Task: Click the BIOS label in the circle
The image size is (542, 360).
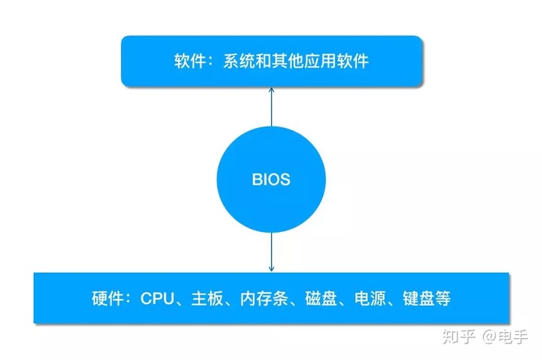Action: [271, 181]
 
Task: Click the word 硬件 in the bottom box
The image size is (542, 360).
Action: [107, 298]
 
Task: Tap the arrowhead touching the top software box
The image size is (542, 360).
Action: [271, 90]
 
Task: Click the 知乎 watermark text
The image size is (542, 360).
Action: [458, 336]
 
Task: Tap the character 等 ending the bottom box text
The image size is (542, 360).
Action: [444, 298]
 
